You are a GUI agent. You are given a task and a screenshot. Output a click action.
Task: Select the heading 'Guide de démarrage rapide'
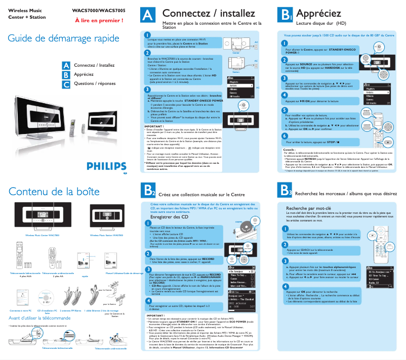tap(64, 39)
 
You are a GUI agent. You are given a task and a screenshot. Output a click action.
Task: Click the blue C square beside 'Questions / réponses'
tap(66, 83)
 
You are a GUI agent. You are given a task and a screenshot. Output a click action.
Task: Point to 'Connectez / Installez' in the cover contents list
tap(94, 66)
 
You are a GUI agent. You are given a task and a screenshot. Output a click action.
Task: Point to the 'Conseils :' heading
tap(290, 150)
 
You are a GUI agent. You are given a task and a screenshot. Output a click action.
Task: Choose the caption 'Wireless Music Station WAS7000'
tap(107, 235)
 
